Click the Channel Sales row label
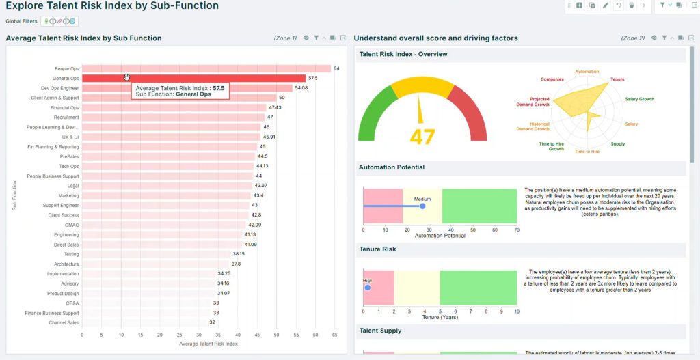64,322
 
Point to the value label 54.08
301,88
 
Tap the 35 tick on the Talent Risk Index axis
218,335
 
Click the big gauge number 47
422,137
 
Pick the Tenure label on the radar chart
617,79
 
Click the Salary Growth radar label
639,99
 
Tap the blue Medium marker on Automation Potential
422,206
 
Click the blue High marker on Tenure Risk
367,288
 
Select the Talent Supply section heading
380,331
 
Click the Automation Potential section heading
391,167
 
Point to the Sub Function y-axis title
14,195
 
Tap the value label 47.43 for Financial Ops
275,107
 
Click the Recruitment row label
66,117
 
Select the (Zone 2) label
632,38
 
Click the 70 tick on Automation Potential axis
516,230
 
